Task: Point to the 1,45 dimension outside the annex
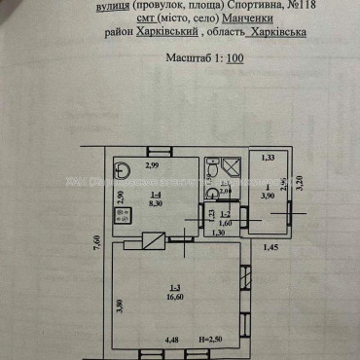(x=271, y=251)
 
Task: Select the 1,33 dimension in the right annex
(x=269, y=157)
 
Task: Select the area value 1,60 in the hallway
(x=223, y=223)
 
